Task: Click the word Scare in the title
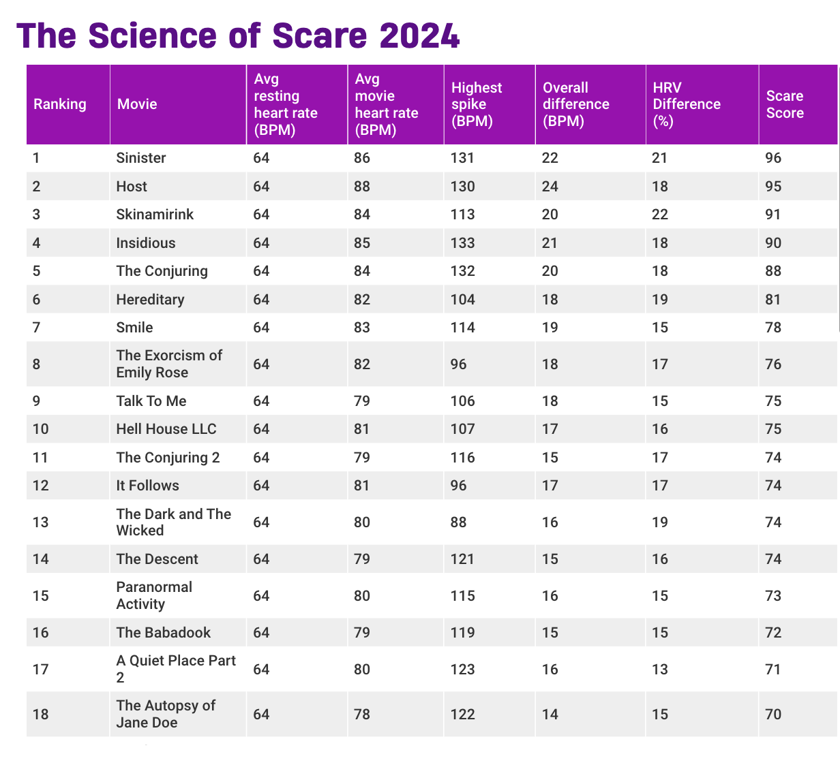point(320,35)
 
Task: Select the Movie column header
point(137,104)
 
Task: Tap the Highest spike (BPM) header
point(477,104)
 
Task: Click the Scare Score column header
point(785,104)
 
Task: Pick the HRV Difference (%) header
point(687,104)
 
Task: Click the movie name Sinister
point(141,158)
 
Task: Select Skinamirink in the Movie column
point(155,215)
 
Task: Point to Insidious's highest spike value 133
point(462,242)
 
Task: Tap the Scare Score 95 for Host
point(773,186)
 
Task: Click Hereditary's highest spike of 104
point(462,299)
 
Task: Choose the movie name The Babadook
point(164,632)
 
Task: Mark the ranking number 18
point(41,714)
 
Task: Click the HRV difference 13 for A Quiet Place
point(660,669)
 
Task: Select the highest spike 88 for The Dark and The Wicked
point(459,522)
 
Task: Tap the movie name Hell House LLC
point(166,429)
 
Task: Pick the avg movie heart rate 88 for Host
point(362,186)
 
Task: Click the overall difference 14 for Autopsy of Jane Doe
point(550,714)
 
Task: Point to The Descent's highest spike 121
point(462,559)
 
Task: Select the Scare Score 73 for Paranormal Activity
point(773,595)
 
